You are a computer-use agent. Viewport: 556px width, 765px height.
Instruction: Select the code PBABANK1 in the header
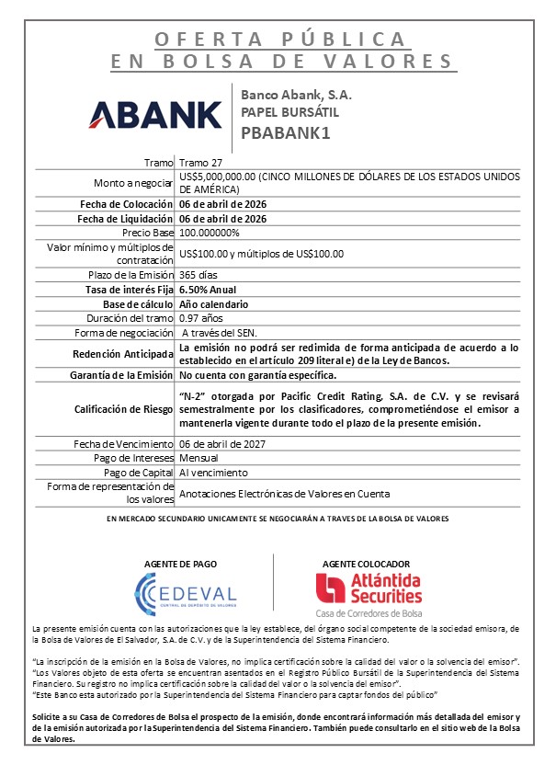pos(285,131)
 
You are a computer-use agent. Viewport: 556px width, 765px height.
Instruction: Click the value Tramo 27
pos(200,162)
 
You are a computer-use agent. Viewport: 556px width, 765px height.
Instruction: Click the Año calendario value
pos(215,304)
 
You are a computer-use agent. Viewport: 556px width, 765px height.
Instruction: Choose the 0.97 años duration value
pos(202,318)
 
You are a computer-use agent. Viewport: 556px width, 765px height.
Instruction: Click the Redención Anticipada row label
pos(124,354)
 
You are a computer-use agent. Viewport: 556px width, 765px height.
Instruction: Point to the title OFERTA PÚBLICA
pos(280,40)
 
